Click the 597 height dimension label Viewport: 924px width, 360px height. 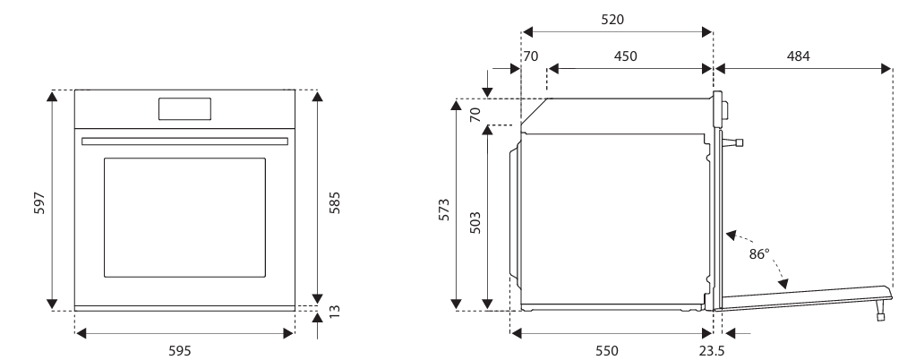[x=38, y=203]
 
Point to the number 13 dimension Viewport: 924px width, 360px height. [x=335, y=311]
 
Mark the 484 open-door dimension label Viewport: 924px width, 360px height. [x=798, y=56]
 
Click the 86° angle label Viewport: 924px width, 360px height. [x=759, y=254]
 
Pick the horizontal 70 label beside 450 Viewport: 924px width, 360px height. [x=530, y=56]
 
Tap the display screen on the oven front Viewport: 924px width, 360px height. [x=185, y=108]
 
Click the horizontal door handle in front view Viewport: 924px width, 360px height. [x=184, y=141]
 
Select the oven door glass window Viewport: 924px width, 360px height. [x=184, y=217]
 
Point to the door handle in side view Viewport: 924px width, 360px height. [x=736, y=141]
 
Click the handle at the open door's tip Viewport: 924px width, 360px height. [x=881, y=313]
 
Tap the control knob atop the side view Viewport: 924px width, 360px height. [x=723, y=109]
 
